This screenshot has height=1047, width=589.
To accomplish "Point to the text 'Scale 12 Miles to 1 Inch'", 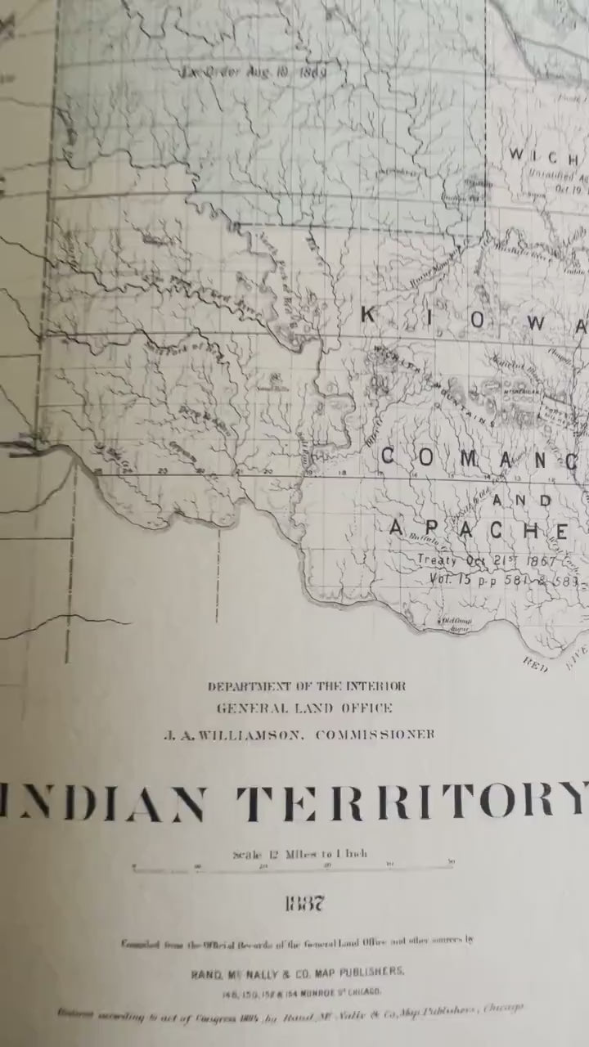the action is tap(299, 854).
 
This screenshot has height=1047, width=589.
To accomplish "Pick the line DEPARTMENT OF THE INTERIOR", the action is tap(306, 686).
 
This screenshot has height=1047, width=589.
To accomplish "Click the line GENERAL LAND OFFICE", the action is tap(304, 708).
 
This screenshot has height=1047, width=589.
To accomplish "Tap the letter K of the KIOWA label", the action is tap(370, 315).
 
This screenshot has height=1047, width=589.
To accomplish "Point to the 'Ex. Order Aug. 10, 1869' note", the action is tap(254, 70).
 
